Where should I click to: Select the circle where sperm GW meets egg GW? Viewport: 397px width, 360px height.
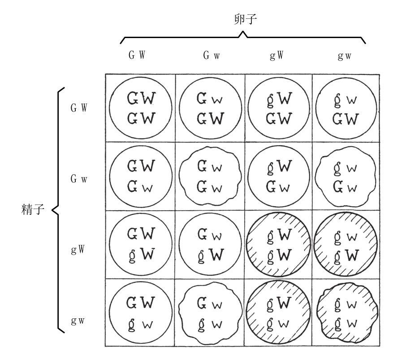pyautogui.click(x=141, y=108)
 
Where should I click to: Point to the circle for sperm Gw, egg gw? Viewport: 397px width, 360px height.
pyautogui.click(x=346, y=176)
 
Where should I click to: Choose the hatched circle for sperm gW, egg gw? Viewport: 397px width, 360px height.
pyautogui.click(x=346, y=244)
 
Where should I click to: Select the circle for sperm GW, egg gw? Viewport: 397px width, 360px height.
pyautogui.click(x=346, y=108)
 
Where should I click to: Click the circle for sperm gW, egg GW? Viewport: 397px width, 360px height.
pyautogui.click(x=141, y=244)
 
